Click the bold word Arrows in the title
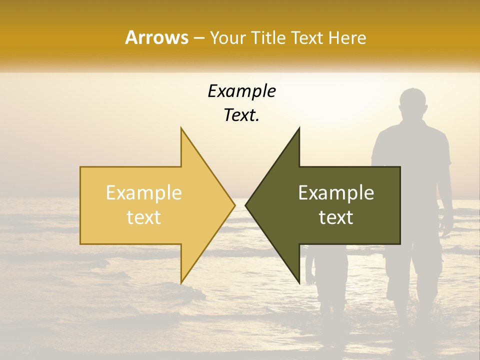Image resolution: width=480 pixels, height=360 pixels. (156, 37)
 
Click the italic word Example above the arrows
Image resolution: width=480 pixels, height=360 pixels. (242, 91)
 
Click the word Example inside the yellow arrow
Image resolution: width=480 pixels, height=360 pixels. (144, 193)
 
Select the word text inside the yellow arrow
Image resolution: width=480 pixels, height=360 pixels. (144, 217)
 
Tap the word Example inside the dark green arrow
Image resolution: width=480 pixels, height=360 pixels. (336, 193)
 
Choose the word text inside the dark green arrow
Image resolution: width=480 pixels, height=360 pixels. (336, 217)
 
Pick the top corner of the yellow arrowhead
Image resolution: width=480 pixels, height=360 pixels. (181, 128)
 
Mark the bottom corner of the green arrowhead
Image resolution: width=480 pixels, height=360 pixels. (299, 282)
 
